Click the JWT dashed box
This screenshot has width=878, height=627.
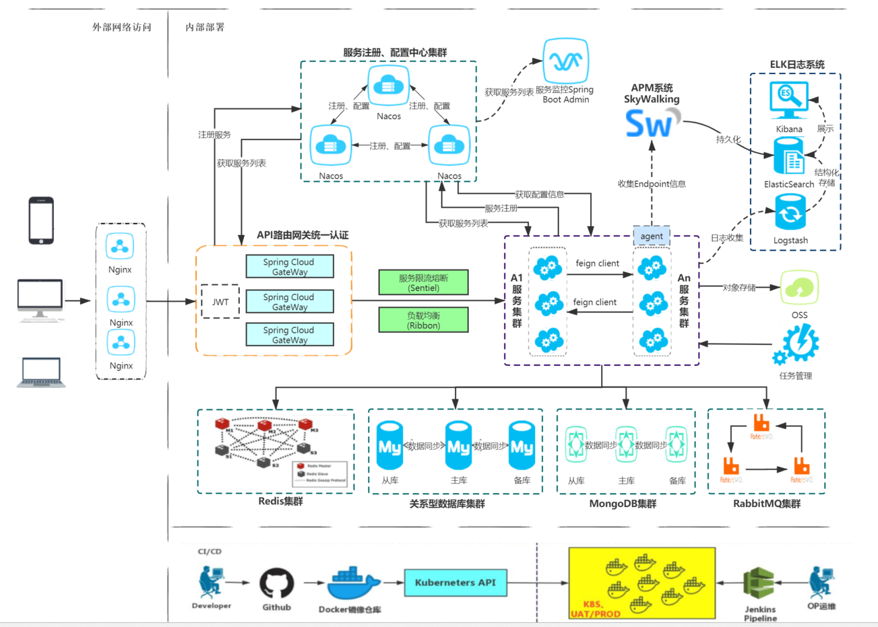point(220,302)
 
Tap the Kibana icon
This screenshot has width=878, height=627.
point(788,100)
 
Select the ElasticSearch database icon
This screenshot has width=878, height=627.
point(789,157)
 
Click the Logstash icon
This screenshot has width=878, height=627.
point(790,212)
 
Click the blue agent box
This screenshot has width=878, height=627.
point(651,236)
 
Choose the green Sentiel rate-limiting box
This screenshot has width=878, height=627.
point(423,283)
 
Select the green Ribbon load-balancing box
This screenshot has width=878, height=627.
point(423,320)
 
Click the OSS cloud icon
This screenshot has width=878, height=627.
point(799,288)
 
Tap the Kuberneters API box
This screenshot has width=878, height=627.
point(455,583)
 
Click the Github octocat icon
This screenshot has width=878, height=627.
point(277,583)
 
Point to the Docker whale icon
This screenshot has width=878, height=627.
point(352,583)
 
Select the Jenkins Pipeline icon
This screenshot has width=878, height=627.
point(759,585)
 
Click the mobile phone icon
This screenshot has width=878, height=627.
point(41,220)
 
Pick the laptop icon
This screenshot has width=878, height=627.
point(41,372)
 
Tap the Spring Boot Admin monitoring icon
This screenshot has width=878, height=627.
point(566,61)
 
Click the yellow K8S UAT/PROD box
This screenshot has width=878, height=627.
point(641,583)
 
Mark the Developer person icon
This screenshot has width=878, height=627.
point(210,583)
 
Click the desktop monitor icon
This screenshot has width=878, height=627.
point(40,300)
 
